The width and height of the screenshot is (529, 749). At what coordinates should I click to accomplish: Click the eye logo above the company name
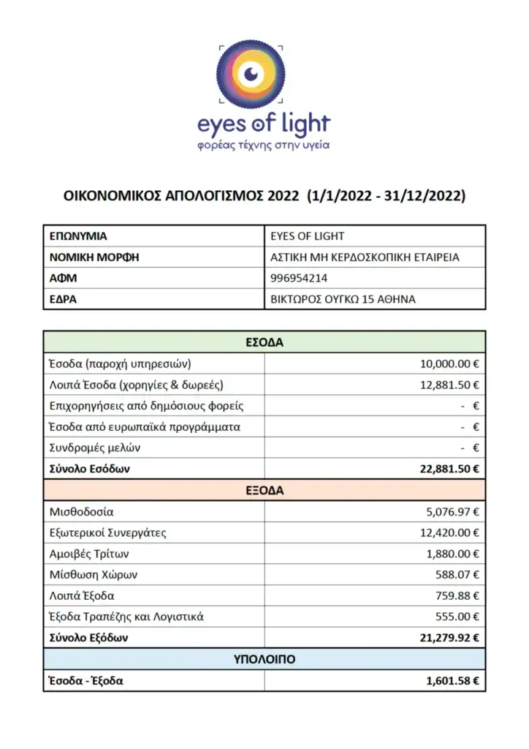click(x=251, y=73)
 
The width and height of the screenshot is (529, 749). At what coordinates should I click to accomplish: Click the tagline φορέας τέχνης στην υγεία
click(x=264, y=145)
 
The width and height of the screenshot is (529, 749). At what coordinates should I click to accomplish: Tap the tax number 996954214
click(x=299, y=278)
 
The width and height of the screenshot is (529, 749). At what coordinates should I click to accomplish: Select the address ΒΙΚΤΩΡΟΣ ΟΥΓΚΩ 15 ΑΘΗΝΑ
click(x=343, y=299)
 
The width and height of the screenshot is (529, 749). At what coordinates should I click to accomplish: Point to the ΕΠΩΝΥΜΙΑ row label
click(x=78, y=236)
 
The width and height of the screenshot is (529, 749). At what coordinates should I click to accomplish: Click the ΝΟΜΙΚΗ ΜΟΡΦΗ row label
click(x=94, y=257)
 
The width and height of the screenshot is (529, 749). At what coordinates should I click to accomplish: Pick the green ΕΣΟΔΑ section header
click(x=264, y=342)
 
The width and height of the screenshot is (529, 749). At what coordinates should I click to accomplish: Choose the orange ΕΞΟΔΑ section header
click(x=264, y=491)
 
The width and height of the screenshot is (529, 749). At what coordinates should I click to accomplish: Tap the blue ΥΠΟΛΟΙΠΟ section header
click(x=264, y=660)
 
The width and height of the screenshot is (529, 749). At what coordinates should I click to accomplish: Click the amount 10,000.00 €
click(x=449, y=364)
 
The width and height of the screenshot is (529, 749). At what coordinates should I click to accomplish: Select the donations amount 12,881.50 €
click(x=449, y=385)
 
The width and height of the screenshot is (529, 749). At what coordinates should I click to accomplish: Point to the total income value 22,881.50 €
click(x=449, y=469)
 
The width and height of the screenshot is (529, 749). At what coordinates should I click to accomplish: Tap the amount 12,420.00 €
click(x=449, y=532)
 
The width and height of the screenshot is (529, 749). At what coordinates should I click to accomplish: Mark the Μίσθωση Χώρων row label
click(x=88, y=575)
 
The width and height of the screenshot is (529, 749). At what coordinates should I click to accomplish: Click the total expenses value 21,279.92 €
click(x=449, y=638)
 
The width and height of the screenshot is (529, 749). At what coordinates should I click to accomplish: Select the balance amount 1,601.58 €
click(x=453, y=681)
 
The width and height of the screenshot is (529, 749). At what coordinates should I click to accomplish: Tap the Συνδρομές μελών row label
click(x=94, y=448)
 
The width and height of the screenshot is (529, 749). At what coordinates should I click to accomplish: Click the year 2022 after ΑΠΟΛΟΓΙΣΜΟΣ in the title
click(x=283, y=196)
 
